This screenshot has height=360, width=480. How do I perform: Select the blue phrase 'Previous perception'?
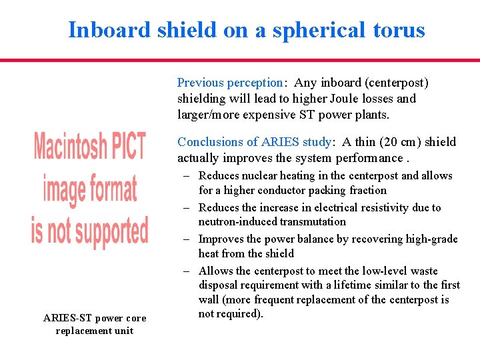(230, 83)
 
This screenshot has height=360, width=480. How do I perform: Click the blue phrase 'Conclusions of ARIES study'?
(254, 141)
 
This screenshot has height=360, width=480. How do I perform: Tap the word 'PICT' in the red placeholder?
(123, 147)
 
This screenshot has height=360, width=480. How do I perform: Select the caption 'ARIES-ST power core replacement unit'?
(94, 324)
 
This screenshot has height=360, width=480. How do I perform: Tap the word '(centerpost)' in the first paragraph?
(396, 83)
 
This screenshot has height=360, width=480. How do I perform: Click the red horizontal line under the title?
(240, 60)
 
